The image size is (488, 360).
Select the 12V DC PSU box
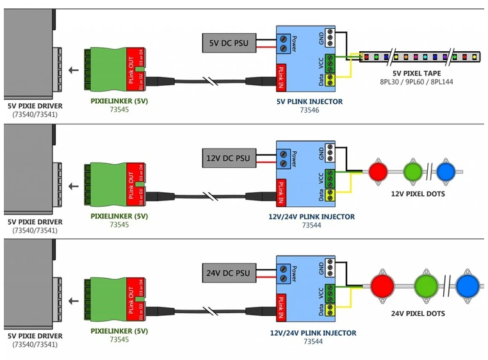point(228,158)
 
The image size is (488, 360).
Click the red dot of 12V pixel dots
point(377,171)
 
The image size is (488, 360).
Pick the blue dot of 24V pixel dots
point(468,284)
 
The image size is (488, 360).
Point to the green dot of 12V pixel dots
point(413,171)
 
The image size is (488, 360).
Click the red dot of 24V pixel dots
point(385,284)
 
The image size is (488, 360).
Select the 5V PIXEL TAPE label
point(417,73)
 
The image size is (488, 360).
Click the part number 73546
point(310,110)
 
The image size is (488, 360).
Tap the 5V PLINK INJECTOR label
point(310,101)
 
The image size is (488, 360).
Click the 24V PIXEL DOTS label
point(418,314)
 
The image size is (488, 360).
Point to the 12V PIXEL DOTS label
point(418,193)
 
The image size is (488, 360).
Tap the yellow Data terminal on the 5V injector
point(330,79)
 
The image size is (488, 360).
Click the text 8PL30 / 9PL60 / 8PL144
point(417,82)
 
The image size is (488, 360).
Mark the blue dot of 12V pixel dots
point(446,171)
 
